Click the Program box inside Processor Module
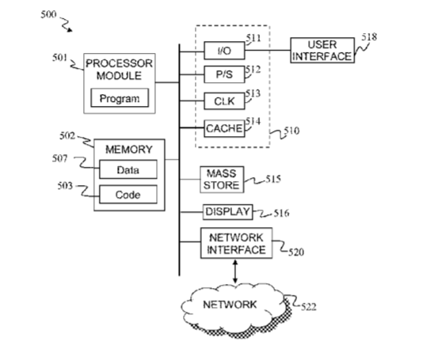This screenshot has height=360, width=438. point(120,97)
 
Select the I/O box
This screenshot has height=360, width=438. point(224,51)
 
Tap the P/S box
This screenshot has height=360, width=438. point(224,74)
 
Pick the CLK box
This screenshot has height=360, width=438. point(224,101)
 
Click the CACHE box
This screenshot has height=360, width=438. point(224,128)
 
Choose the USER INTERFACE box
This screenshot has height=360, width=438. point(322,50)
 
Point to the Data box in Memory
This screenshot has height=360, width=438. point(128,169)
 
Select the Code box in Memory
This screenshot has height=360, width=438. point(128,194)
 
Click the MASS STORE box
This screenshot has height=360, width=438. point(222,180)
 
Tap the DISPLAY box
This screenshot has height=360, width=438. point(227,212)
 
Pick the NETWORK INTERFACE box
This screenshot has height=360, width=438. point(236,243)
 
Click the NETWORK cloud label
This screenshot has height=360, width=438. point(230,304)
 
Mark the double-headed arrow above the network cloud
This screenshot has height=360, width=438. point(235,271)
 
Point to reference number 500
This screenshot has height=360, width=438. point(48,14)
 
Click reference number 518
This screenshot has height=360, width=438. point(369,37)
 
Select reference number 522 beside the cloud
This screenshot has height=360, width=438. point(309,307)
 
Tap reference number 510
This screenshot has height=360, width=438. point(291,131)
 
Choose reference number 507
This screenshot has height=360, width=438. point(59,158)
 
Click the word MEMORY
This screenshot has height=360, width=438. point(129,150)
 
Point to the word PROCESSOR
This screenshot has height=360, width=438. point(120,63)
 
